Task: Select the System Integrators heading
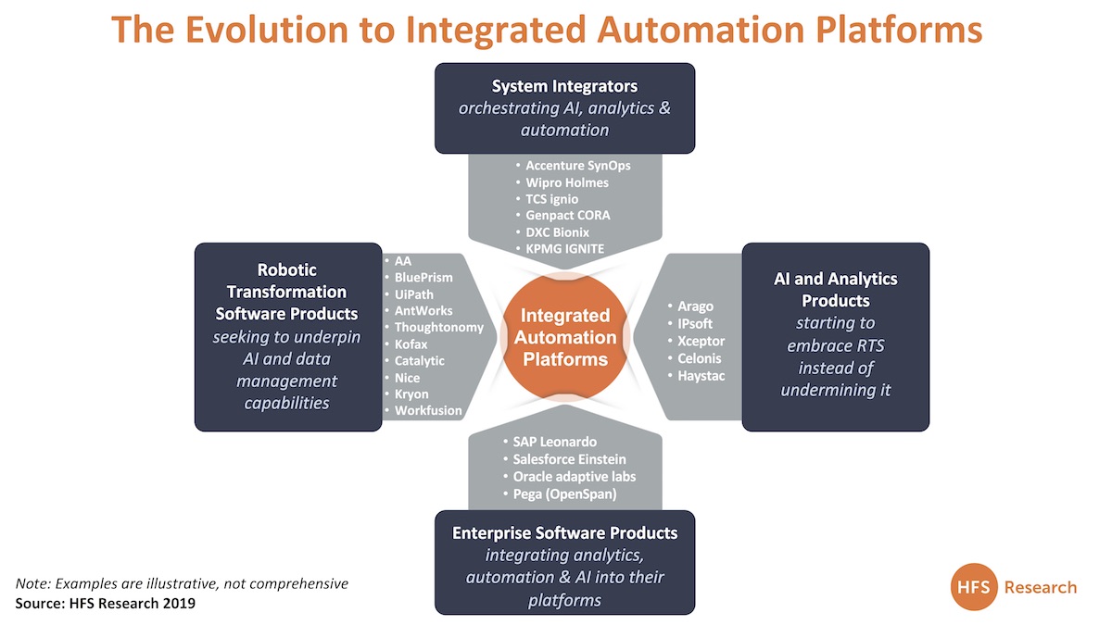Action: pos(564,86)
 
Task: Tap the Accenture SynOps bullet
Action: pos(577,166)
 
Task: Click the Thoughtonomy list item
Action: pos(438,327)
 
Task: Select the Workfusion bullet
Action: pos(428,410)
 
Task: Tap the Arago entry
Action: pos(696,306)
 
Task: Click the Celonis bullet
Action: pos(700,358)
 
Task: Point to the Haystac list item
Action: pos(702,375)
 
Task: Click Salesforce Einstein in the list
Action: pos(570,459)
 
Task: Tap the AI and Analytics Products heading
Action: pos(836,290)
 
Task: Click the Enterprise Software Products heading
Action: pos(564,533)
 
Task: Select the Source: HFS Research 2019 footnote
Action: pos(106,603)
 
